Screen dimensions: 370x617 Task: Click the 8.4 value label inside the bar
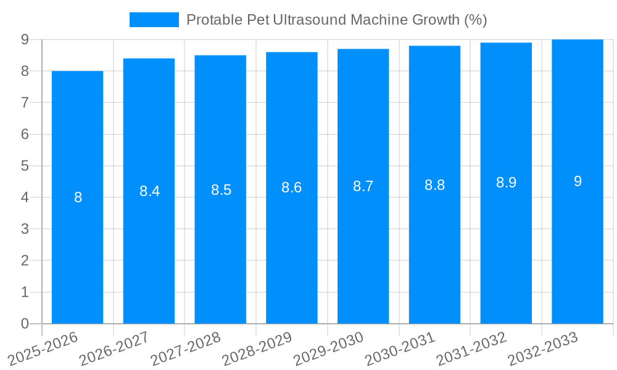pos(149,191)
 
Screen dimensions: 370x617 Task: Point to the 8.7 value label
pos(363,186)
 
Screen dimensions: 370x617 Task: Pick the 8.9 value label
pos(506,183)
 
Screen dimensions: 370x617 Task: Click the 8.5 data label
pos(221,190)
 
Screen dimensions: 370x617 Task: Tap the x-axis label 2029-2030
pos(329,348)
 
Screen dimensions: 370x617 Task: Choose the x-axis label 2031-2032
pos(472,348)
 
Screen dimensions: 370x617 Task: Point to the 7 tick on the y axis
pos(25,103)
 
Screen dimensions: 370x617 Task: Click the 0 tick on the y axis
pos(25,324)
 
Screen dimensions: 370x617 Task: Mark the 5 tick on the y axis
pos(25,166)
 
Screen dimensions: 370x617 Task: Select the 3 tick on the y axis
pos(25,229)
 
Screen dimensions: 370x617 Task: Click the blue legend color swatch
pos(154,20)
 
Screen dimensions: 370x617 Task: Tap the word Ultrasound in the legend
pos(312,20)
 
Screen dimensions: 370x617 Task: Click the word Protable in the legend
pos(210,20)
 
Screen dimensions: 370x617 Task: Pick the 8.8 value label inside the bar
pos(434,185)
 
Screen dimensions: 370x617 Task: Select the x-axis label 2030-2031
pos(400,348)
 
